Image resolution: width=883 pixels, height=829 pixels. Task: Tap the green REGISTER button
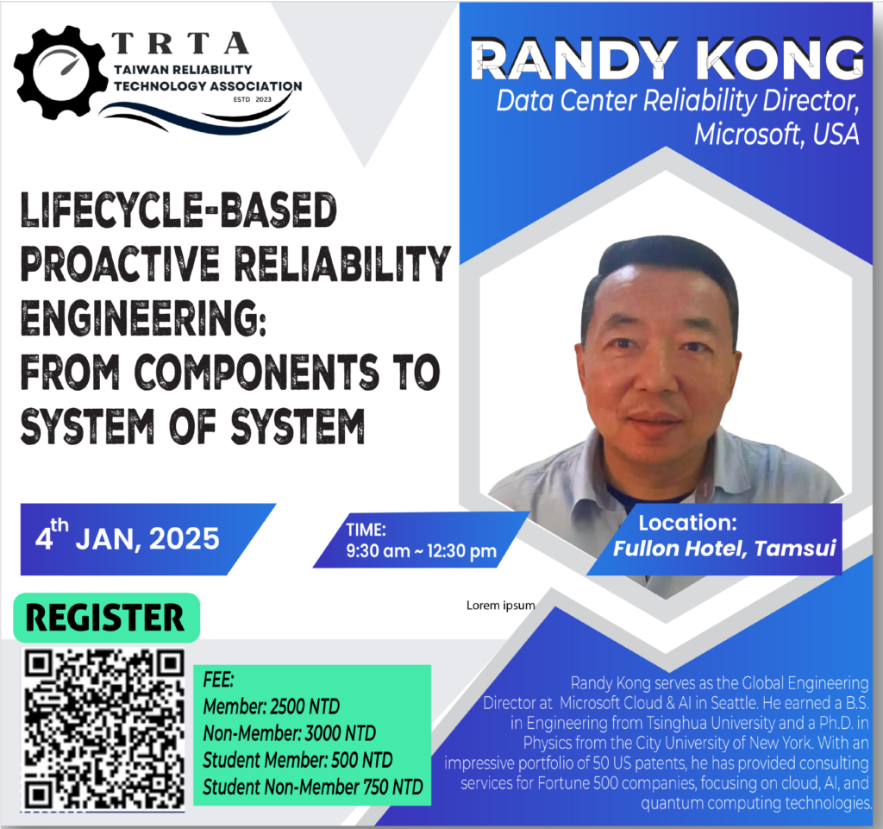[x=106, y=618]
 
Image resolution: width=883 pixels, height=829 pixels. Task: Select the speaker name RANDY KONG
[x=667, y=59]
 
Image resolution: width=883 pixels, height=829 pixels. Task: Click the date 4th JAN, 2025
[x=128, y=537]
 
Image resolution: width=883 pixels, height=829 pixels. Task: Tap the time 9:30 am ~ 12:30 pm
[x=421, y=550]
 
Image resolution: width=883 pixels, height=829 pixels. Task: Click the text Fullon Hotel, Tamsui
[x=724, y=548]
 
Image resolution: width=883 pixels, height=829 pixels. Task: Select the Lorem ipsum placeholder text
[x=500, y=606]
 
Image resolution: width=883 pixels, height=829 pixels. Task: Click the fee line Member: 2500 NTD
[x=272, y=707]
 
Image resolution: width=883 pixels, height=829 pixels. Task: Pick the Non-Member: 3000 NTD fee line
[x=290, y=733]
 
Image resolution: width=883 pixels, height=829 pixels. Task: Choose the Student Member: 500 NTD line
[x=297, y=760]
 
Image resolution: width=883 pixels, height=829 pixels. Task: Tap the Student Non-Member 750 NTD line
[x=312, y=787]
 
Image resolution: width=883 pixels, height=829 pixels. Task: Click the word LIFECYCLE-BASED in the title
[x=178, y=210]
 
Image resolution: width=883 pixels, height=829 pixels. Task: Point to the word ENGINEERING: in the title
[x=144, y=318]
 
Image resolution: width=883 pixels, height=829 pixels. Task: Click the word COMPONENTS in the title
[x=257, y=372]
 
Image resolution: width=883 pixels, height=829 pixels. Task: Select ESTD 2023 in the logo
[x=253, y=99]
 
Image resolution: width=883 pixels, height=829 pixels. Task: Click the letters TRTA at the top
[x=180, y=43]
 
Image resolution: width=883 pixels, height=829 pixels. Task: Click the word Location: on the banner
[x=687, y=523]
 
